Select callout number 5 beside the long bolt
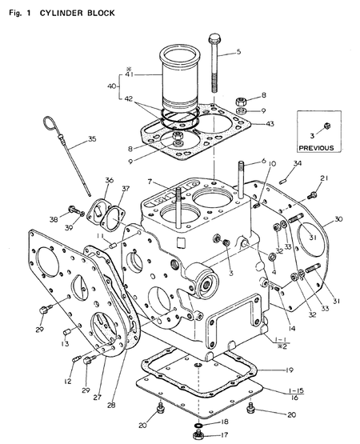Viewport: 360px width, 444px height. (x=238, y=52)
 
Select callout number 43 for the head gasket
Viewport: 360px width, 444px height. (x=270, y=123)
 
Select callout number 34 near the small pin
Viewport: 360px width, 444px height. (x=297, y=164)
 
